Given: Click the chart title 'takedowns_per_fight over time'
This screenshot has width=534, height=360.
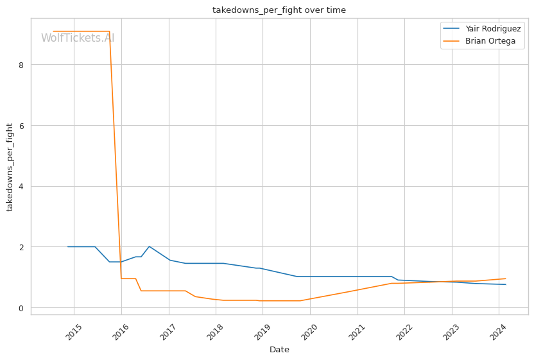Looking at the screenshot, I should (x=279, y=10).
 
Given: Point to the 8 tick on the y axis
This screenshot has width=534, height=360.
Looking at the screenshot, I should (x=22, y=65).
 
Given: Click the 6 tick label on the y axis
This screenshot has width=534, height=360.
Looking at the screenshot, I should (x=22, y=126).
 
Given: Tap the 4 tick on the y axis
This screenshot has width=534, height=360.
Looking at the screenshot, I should (x=22, y=187).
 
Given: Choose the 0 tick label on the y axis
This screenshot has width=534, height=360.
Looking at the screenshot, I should (x=22, y=308).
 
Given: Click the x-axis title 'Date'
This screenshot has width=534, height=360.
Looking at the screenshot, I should (x=279, y=350).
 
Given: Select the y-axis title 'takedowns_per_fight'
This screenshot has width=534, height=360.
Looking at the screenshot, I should (x=10, y=166).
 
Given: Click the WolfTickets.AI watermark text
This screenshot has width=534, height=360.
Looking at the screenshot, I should (x=78, y=38).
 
